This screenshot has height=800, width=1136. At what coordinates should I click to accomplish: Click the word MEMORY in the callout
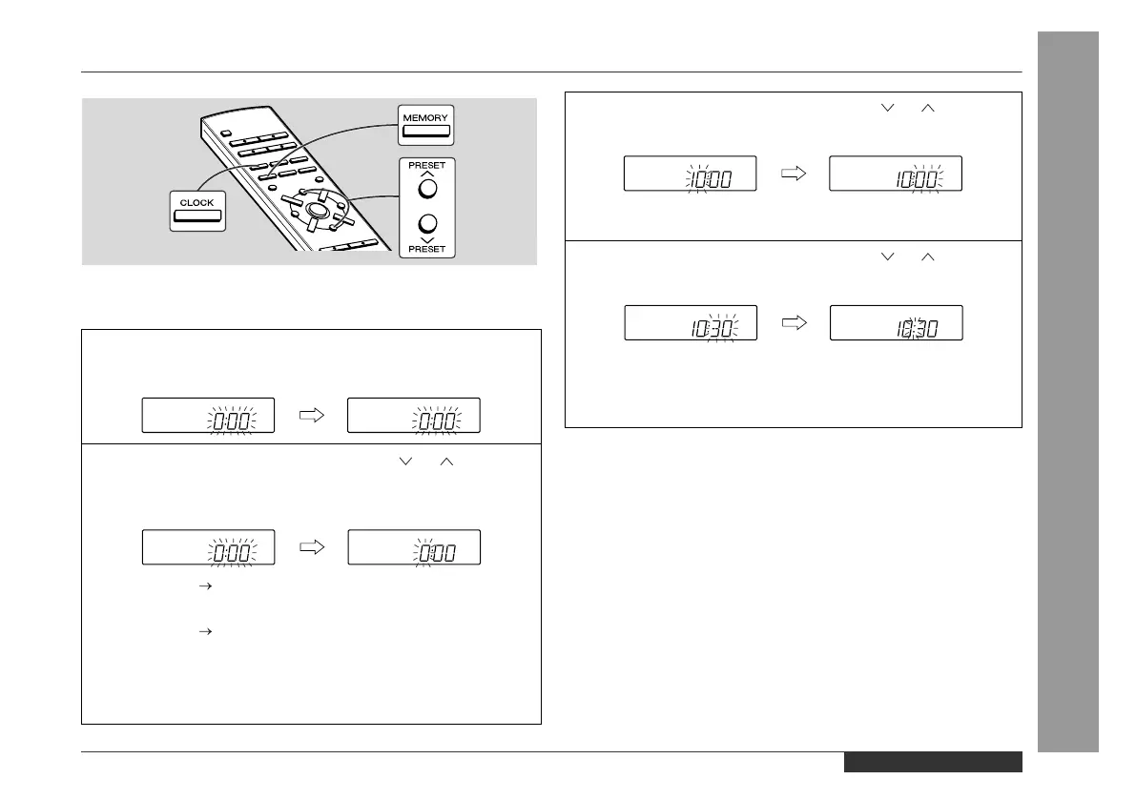click(425, 117)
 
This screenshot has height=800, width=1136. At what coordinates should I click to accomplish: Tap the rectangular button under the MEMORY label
click(425, 131)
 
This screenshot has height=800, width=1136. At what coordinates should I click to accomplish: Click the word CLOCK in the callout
click(197, 203)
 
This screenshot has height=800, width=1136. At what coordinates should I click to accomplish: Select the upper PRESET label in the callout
click(427, 165)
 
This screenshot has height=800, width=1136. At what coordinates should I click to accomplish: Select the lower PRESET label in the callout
click(427, 251)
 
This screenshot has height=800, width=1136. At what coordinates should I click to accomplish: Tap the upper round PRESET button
click(427, 189)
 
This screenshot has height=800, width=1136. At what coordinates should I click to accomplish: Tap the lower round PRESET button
click(427, 225)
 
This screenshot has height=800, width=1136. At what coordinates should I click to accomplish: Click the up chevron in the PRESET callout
click(427, 174)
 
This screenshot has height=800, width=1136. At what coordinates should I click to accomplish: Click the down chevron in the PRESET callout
click(427, 241)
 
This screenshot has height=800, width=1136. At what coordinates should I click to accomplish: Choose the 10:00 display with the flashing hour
click(690, 174)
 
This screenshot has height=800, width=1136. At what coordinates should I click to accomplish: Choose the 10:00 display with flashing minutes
click(896, 174)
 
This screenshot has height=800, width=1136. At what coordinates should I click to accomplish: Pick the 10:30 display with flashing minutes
click(690, 322)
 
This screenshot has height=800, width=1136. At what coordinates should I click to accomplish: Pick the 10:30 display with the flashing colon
click(896, 322)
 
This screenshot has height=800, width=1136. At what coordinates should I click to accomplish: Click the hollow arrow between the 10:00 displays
click(793, 174)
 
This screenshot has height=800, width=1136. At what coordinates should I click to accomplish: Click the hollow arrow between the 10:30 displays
click(793, 322)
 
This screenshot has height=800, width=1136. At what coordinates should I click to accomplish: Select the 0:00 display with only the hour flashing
click(413, 546)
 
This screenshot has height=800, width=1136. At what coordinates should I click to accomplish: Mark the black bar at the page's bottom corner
click(932, 762)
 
